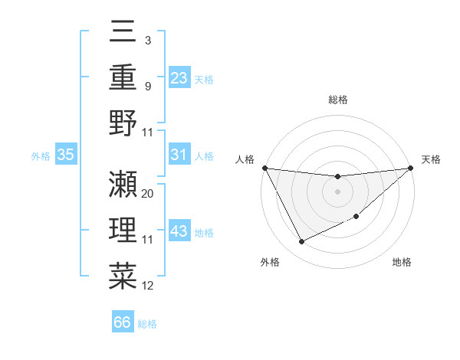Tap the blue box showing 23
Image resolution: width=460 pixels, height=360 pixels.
pyautogui.click(x=179, y=77)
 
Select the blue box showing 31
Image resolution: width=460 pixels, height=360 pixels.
pyautogui.click(x=179, y=155)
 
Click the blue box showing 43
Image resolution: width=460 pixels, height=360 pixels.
pyautogui.click(x=179, y=231)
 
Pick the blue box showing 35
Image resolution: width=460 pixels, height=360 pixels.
pyautogui.click(x=65, y=155)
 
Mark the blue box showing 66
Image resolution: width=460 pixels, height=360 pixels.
pyautogui.click(x=123, y=322)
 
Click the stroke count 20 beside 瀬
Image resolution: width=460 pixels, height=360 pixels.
pyautogui.click(x=148, y=193)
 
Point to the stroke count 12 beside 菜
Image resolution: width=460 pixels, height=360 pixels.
pyautogui.click(x=148, y=286)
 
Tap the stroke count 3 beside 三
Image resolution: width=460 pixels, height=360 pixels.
pyautogui.click(x=147, y=39)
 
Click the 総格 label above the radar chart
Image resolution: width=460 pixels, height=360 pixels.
pyautogui.click(x=337, y=100)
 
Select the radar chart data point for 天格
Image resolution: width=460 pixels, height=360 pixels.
pyautogui.click(x=411, y=168)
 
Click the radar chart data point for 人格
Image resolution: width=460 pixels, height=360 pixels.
pyautogui.click(x=264, y=168)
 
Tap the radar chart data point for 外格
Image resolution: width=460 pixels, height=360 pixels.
pyautogui.click(x=301, y=242)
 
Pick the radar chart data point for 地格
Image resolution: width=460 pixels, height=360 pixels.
pyautogui.click(x=356, y=217)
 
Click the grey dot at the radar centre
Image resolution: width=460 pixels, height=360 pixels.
pyautogui.click(x=337, y=191)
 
